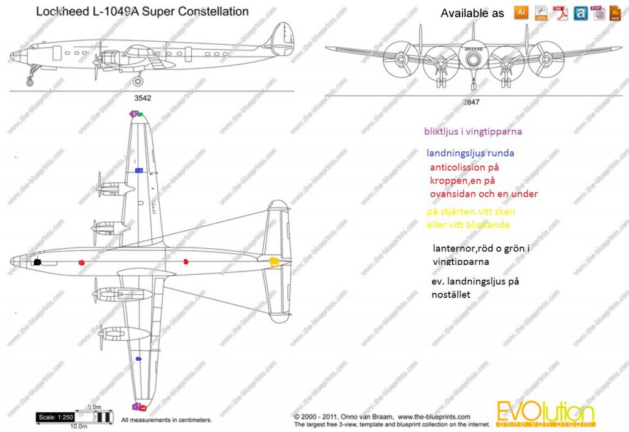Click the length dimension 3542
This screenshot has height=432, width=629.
tap(143, 98)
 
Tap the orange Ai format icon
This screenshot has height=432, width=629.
tap(521, 12)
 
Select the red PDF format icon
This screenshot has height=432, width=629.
tap(560, 13)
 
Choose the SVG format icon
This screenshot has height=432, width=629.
tap(615, 13)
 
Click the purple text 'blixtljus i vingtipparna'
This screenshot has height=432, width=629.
tap(472, 131)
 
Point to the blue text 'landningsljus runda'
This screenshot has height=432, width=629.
tap(471, 153)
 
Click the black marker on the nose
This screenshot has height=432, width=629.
tap(37, 262)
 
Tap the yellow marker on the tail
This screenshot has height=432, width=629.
tap(275, 262)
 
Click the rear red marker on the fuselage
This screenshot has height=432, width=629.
tap(186, 262)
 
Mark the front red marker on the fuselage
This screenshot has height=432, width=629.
tap(82, 262)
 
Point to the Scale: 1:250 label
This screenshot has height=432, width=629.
tap(55, 417)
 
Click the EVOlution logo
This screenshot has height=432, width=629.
tap(545, 413)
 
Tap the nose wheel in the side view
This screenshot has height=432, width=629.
tap(29, 82)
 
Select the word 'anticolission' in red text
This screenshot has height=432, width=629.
tap(461, 167)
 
